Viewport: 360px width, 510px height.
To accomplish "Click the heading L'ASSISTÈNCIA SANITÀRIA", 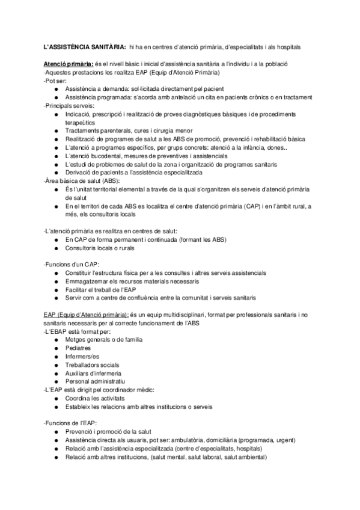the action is [x=85, y=46].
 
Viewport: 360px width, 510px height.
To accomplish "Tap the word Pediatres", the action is [x=79, y=348].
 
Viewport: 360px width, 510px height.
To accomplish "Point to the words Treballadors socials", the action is [x=93, y=364].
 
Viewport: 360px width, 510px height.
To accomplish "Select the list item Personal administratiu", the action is [x=95, y=381].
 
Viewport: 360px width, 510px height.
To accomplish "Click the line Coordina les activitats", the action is [x=95, y=398].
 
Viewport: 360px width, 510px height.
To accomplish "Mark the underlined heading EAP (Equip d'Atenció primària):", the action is [x=86, y=314].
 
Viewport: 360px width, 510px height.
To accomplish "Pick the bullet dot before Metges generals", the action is [x=56, y=339].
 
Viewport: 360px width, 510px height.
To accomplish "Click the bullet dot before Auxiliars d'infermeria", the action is [x=56, y=373].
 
